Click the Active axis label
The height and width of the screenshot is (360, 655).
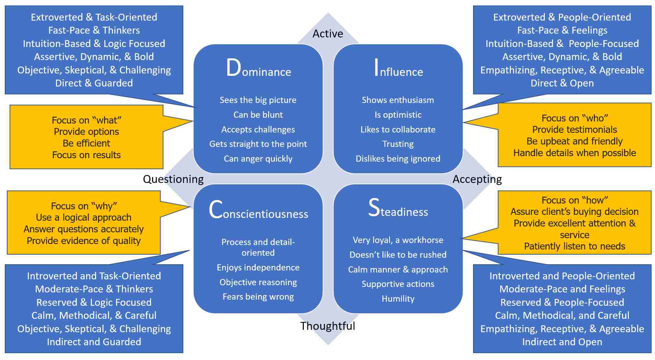327,34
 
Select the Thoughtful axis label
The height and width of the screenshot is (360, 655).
327,326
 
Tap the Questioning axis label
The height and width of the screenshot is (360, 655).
173,179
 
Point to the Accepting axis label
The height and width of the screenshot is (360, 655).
477,179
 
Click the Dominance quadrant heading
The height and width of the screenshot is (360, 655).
258,68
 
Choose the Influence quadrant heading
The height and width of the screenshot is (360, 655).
398,68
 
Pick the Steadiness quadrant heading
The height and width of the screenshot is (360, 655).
398,209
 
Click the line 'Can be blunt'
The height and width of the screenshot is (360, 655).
258,115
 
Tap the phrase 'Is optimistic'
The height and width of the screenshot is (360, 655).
398,115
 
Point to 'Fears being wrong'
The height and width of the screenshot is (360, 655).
258,297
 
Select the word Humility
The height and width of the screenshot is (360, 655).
398,299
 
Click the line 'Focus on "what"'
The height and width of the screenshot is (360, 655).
87,120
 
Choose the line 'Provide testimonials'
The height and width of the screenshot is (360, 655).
574,129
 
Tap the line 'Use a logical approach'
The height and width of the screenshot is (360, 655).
84,217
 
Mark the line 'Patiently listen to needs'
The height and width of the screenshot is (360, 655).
574,246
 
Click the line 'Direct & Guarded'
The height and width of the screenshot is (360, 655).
94,83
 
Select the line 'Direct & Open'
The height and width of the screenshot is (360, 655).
562,83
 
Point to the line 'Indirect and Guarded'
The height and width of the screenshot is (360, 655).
94,342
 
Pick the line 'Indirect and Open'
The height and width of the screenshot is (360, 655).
562,342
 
